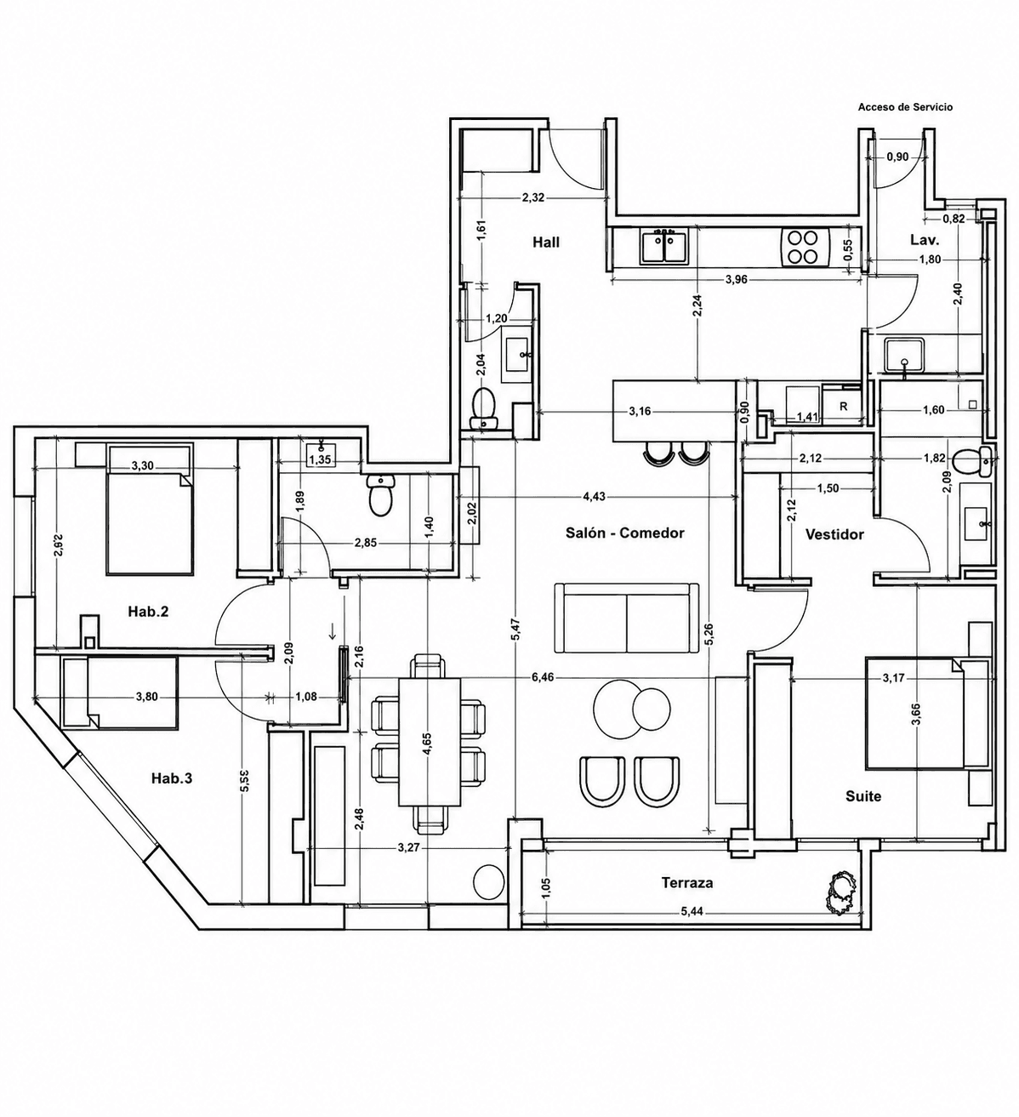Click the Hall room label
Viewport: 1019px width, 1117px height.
tap(546, 242)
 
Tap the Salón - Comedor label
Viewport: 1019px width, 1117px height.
tap(625, 533)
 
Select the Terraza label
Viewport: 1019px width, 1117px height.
tap(687, 882)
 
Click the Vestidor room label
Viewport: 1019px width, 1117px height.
tap(834, 534)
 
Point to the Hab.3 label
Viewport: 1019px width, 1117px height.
tap(172, 778)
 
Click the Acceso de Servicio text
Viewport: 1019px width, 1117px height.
tap(905, 107)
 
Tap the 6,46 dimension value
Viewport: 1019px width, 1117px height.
tap(538, 677)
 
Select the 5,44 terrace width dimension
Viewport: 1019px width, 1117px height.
tap(693, 911)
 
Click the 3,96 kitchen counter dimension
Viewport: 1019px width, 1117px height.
tap(736, 280)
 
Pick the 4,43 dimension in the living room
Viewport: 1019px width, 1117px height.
tap(594, 497)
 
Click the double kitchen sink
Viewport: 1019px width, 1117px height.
tap(665, 246)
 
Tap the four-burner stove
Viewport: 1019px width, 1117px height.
tap(802, 247)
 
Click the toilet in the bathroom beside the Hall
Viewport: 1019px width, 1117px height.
tap(484, 407)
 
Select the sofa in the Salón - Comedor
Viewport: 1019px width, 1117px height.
tap(626, 618)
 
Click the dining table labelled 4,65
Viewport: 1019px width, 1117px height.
tap(430, 742)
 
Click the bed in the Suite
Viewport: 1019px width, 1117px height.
tap(914, 715)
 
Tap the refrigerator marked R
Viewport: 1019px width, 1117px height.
tap(844, 407)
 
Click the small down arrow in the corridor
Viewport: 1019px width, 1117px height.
tap(333, 631)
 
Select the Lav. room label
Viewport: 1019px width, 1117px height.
tap(925, 241)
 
